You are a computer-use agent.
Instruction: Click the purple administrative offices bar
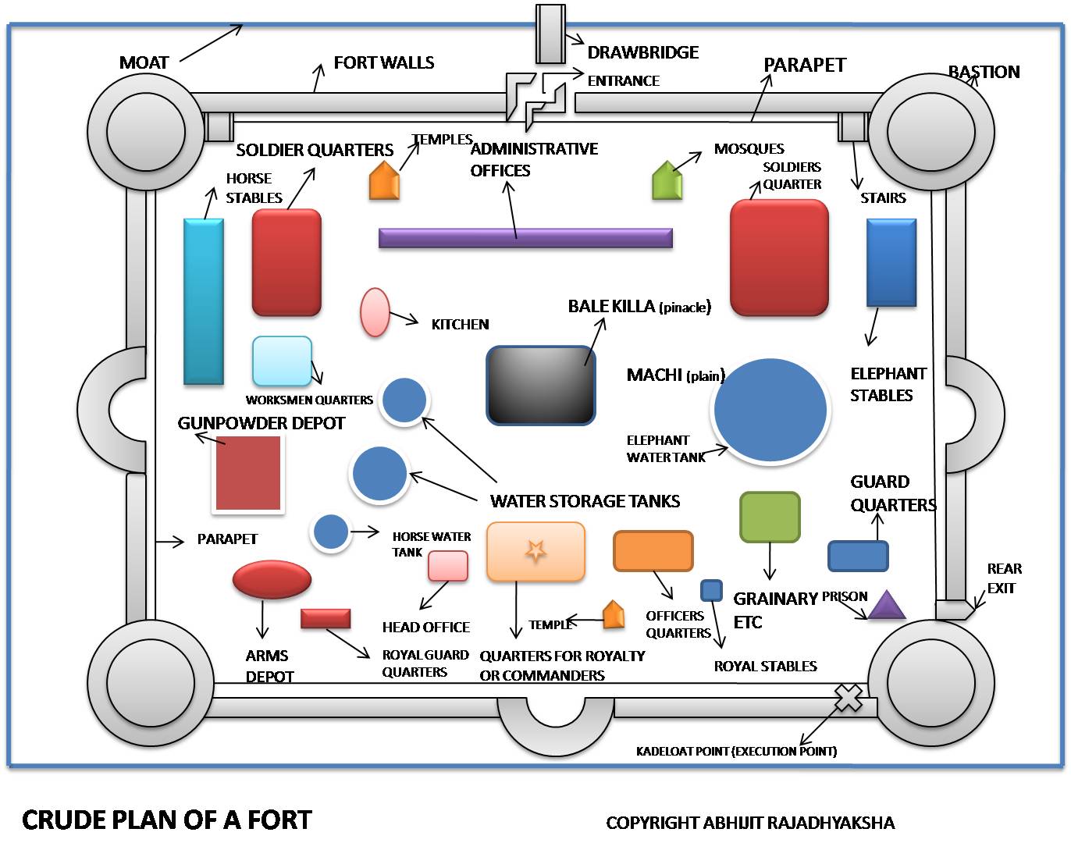525,238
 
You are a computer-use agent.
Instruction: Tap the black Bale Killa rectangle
540,385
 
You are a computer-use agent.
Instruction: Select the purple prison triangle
886,605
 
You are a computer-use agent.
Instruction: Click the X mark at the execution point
848,698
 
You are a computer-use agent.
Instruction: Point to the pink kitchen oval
375,312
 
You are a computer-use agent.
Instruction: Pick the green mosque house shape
667,180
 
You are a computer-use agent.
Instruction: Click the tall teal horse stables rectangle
204,301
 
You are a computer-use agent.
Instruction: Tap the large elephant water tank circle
770,411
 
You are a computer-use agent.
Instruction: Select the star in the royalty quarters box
535,551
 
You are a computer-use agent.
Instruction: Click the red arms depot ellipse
272,579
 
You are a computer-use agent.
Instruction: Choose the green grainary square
770,517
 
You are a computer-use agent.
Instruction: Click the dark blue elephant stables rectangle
891,262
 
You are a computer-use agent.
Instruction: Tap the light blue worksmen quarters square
282,361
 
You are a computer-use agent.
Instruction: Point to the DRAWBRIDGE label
642,52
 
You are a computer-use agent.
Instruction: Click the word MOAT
144,62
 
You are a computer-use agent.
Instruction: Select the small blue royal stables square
712,590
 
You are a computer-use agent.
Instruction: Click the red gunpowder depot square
247,473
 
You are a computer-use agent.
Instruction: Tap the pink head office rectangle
448,565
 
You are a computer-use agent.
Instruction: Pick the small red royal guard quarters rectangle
326,618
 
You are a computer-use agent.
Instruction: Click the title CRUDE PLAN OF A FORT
167,820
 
